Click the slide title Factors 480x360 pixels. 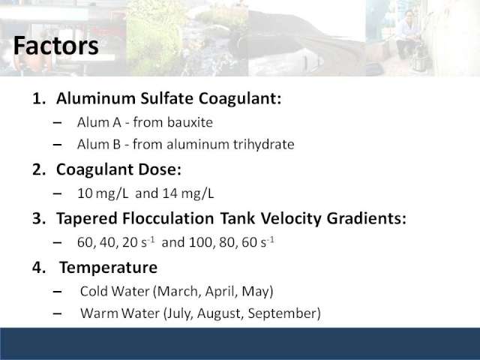(x=56, y=46)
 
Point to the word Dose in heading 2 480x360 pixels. (x=160, y=169)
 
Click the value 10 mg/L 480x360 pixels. (x=103, y=193)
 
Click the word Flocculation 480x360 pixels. (x=168, y=218)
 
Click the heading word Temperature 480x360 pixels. (x=108, y=268)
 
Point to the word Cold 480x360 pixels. (x=93, y=291)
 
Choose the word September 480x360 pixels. (x=284, y=313)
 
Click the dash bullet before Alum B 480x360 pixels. (x=57, y=145)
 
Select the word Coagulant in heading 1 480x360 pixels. (x=240, y=99)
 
